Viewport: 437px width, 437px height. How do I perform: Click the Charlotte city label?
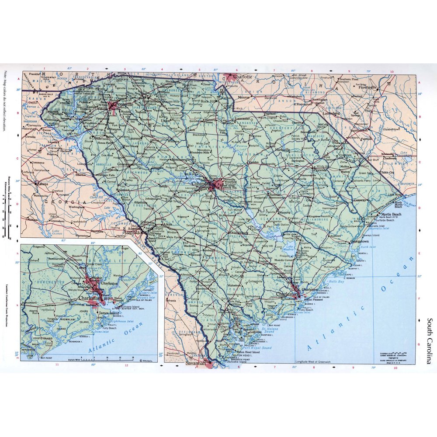[x=243, y=76]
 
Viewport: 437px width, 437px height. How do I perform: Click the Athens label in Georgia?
[x=43, y=184]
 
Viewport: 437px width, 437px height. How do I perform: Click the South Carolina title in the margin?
[x=430, y=340]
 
